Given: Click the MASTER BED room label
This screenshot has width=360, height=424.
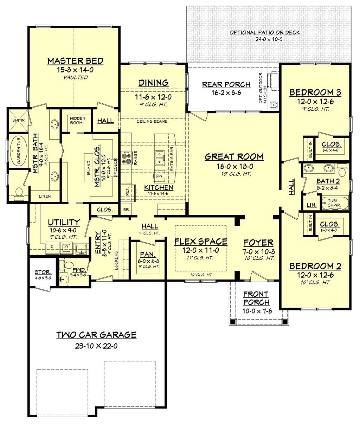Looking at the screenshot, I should [x=75, y=61].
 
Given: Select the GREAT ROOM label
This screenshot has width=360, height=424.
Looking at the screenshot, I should [x=234, y=156].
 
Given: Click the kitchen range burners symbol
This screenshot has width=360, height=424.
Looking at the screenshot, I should [x=126, y=157].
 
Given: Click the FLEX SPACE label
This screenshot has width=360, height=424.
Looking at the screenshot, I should [x=201, y=242].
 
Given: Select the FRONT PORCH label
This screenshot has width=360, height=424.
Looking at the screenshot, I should [x=256, y=298].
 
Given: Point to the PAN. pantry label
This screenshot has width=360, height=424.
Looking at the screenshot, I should [x=146, y=254].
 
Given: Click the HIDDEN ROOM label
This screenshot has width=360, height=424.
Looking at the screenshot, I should [x=76, y=121].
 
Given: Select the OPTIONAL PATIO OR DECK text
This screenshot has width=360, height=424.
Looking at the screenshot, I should [x=264, y=33].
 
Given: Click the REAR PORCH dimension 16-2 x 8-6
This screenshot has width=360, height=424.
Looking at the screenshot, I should [x=226, y=93].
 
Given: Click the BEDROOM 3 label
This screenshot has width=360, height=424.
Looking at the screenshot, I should [x=315, y=93].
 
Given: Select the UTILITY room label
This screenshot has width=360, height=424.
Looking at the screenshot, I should [x=64, y=222].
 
